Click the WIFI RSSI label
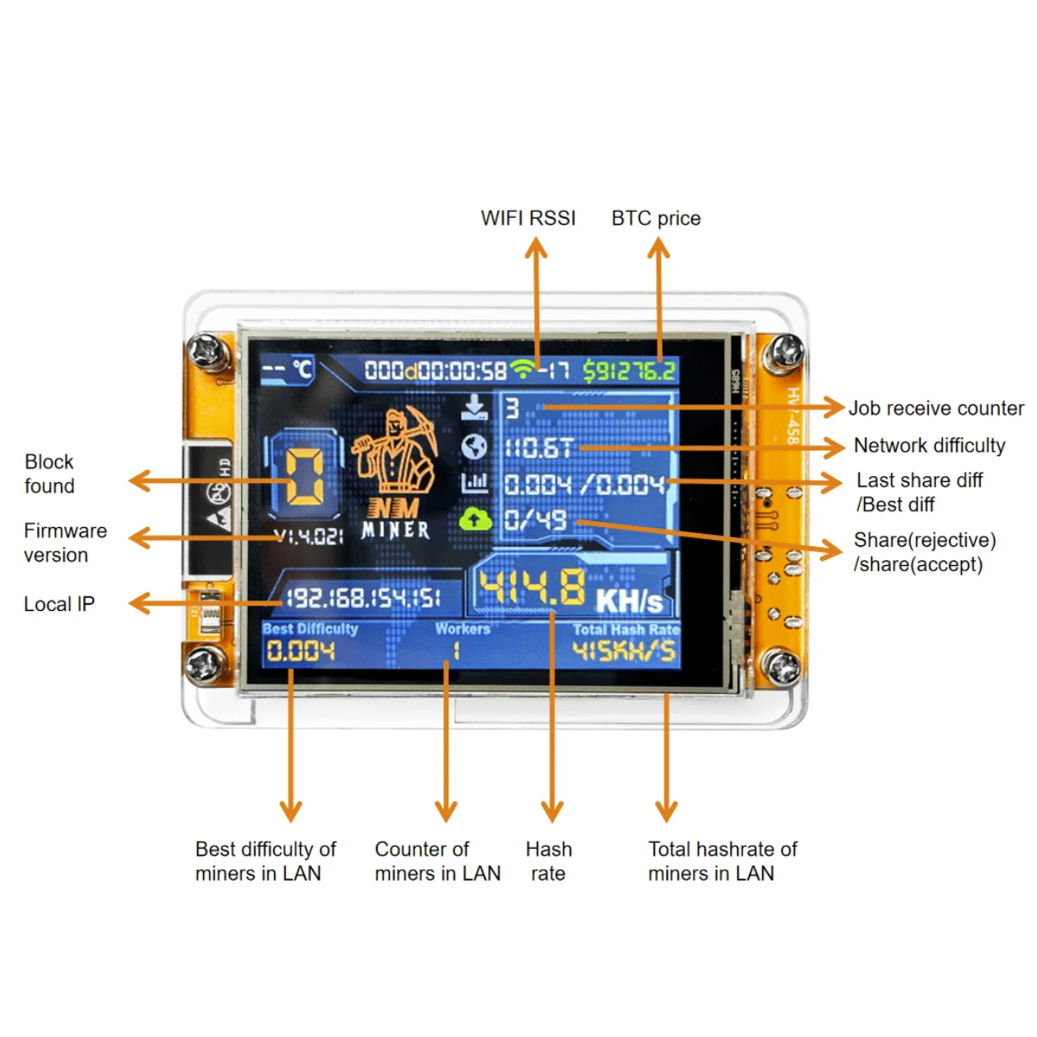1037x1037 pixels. (x=528, y=218)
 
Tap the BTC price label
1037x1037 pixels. (x=656, y=218)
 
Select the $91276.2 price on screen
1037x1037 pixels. (x=628, y=372)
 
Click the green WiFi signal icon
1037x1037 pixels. (x=522, y=370)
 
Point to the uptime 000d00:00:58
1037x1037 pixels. (x=435, y=372)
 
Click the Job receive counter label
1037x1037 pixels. (x=936, y=408)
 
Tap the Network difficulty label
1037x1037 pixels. (x=929, y=445)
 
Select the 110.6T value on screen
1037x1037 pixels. (x=538, y=448)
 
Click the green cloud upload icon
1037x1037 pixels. (x=474, y=519)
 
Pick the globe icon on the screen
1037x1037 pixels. (x=474, y=447)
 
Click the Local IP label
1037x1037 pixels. (x=59, y=604)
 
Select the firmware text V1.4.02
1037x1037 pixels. (x=308, y=537)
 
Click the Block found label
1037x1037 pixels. (x=49, y=474)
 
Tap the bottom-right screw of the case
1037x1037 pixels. (x=783, y=668)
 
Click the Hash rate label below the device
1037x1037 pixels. (x=549, y=861)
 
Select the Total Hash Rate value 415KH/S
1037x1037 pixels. (x=625, y=651)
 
